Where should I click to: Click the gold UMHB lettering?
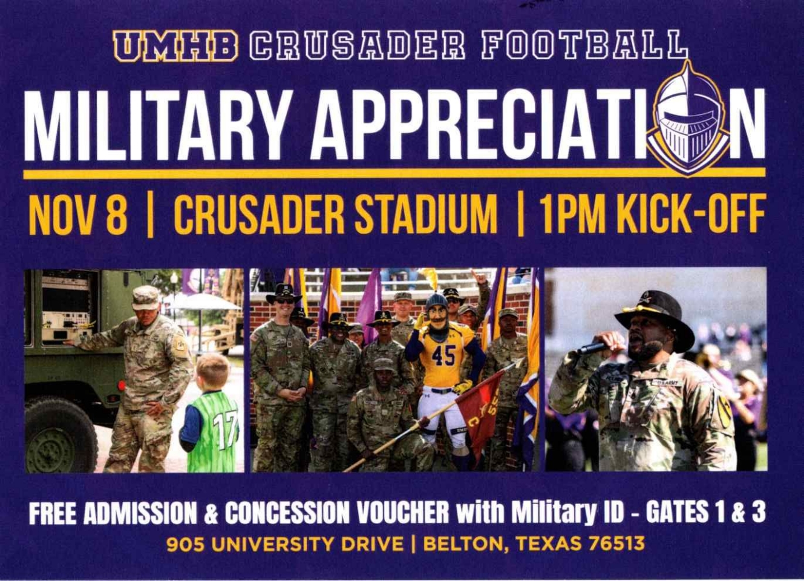click(x=175, y=45)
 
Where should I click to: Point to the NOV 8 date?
click(x=78, y=214)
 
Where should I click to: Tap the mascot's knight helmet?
click(x=437, y=305)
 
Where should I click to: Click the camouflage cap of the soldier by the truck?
click(x=145, y=298)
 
